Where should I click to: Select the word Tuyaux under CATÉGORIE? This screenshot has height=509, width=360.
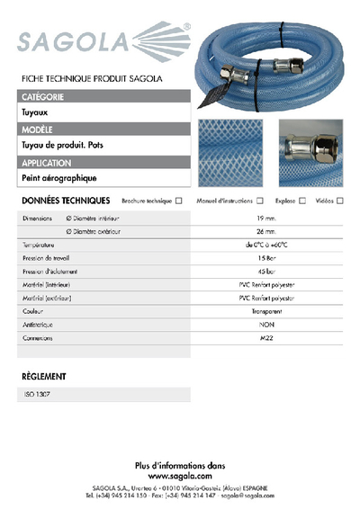coord(37,114)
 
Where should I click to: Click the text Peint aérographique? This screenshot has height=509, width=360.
coord(58,179)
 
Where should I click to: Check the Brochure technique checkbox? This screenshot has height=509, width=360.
coord(179,201)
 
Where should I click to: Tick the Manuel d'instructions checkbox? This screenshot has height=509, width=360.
coord(260,201)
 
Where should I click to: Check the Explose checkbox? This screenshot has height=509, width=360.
coord(302,201)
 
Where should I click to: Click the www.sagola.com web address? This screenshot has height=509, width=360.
coord(179,476)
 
